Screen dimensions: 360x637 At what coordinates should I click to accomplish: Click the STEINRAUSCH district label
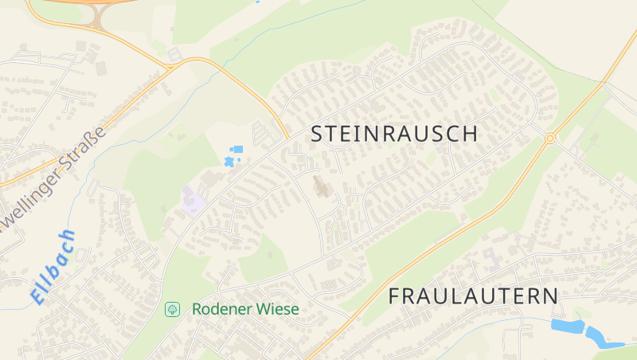coord(394,134)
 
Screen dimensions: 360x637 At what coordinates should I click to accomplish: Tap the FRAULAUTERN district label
coord(473,296)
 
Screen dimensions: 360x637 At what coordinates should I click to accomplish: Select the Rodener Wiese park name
coord(245,309)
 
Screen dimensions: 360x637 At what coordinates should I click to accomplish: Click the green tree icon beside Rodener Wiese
coord(171,309)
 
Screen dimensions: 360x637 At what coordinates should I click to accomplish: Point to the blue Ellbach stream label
coord(55,266)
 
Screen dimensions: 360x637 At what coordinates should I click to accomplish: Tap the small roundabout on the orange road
coord(549,139)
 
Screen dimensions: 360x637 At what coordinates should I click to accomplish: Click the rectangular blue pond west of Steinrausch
coord(236,149)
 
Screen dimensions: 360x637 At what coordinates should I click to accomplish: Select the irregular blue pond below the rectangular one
coord(230,162)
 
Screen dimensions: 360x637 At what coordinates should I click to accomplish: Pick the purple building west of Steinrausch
coord(192,200)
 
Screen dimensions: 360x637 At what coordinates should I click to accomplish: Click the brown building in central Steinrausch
coord(322,188)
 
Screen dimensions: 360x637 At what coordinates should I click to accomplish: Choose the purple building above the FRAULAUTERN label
coord(491,258)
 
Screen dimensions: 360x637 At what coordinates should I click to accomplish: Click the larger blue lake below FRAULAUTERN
coord(567,326)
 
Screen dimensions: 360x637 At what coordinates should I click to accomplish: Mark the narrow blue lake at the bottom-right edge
coord(603,338)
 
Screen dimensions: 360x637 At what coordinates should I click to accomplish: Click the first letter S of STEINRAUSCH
coord(317,134)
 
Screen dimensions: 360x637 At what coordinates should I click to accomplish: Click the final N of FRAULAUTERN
coord(550,296)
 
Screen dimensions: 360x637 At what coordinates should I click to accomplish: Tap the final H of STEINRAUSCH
coord(471,134)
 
